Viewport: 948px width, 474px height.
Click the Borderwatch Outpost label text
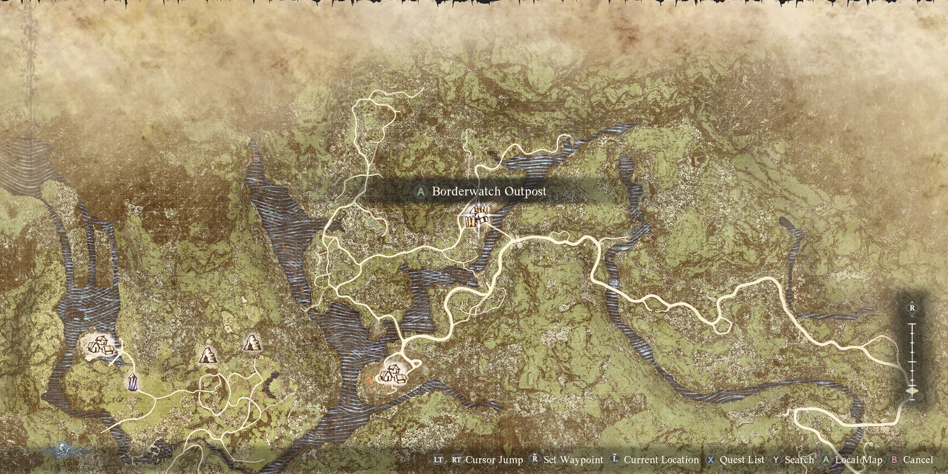click(489, 191)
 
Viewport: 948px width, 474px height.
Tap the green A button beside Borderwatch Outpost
click(420, 192)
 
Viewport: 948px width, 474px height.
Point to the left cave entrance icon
click(208, 355)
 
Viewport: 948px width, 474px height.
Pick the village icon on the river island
click(393, 374)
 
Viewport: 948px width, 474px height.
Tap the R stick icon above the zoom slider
click(912, 308)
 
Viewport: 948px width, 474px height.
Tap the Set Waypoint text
click(573, 460)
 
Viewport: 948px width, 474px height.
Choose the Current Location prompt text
click(661, 460)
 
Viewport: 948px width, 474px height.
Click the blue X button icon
click(711, 460)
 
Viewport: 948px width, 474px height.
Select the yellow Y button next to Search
click(776, 460)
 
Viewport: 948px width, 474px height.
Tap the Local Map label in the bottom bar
click(858, 460)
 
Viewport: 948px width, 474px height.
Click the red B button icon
click(894, 460)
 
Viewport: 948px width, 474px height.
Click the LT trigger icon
click(438, 460)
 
